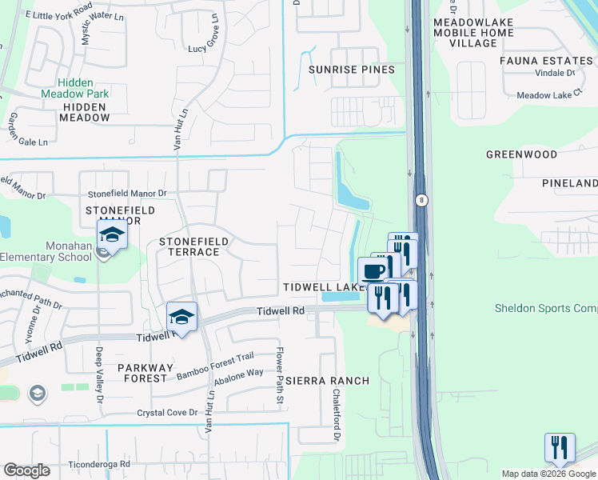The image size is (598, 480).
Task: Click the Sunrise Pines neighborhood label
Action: pyautogui.click(x=352, y=70)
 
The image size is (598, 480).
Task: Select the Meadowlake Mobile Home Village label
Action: pyautogui.click(x=463, y=32)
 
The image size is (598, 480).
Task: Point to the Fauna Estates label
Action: pyautogui.click(x=546, y=60)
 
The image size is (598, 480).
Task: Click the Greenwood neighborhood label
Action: pyautogui.click(x=521, y=154)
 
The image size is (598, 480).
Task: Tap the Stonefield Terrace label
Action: pyautogui.click(x=193, y=246)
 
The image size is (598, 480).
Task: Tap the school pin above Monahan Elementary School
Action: pyautogui.click(x=113, y=235)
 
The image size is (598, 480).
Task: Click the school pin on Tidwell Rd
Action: pyautogui.click(x=181, y=318)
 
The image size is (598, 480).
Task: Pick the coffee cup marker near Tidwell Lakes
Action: pyautogui.click(x=373, y=270)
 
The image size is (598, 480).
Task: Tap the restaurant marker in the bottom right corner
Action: pyautogui.click(x=560, y=446)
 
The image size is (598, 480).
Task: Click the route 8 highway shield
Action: pyautogui.click(x=421, y=200)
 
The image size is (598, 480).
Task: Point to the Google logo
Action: pyautogui.click(x=26, y=470)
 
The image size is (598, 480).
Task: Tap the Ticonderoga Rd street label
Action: pyautogui.click(x=100, y=464)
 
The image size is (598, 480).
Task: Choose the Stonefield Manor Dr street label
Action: pyautogui.click(x=127, y=194)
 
